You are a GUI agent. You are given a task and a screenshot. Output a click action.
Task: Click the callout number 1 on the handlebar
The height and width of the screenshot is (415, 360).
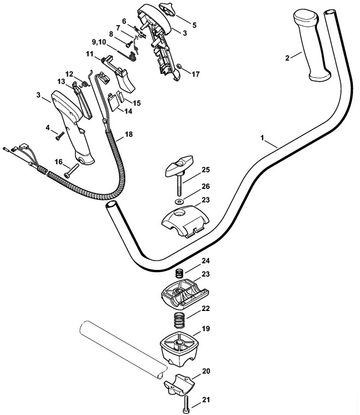click(x=265, y=141)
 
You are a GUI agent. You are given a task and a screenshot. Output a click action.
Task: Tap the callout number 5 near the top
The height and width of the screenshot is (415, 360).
click(x=194, y=25)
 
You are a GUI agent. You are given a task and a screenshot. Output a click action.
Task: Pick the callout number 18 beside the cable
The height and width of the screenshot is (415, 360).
click(x=128, y=134)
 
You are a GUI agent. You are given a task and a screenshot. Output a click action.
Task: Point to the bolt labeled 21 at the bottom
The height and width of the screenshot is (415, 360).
click(x=187, y=406)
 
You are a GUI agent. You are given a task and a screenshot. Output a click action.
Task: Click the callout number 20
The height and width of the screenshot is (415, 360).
click(x=206, y=371)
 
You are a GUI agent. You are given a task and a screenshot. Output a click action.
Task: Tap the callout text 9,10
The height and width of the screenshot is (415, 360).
click(x=100, y=42)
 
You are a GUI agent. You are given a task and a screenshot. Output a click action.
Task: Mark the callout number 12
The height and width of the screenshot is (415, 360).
click(x=69, y=73)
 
